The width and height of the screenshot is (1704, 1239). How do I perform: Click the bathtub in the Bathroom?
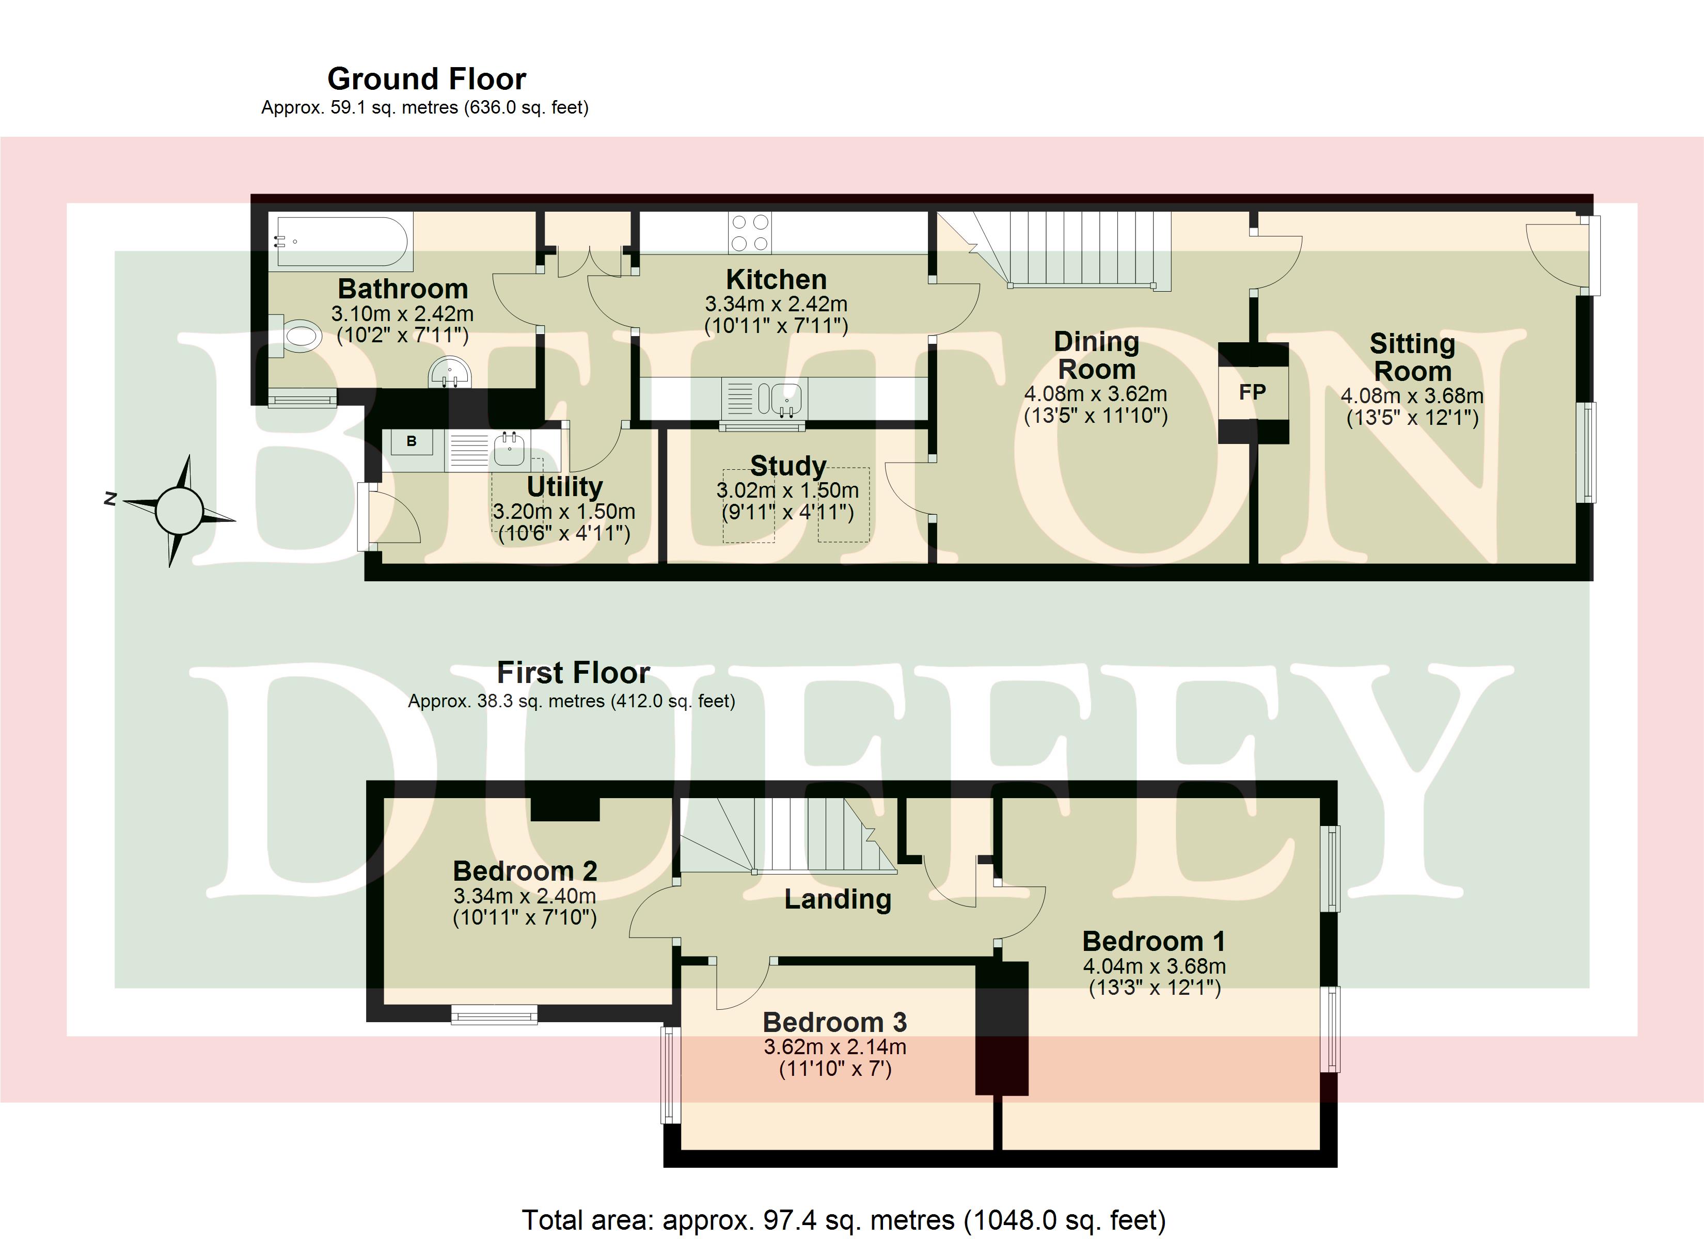click(342, 241)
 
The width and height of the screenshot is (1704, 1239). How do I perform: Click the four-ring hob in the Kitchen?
click(750, 232)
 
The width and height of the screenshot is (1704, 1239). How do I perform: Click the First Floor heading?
click(573, 673)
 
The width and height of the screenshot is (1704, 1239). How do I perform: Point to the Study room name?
click(788, 466)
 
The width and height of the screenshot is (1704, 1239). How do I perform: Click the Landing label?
click(838, 899)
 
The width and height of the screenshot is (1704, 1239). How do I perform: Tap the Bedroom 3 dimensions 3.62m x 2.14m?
click(835, 1046)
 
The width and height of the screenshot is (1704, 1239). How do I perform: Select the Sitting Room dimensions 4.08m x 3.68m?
click(1412, 396)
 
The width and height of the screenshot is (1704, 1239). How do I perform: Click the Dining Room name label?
click(1096, 355)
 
